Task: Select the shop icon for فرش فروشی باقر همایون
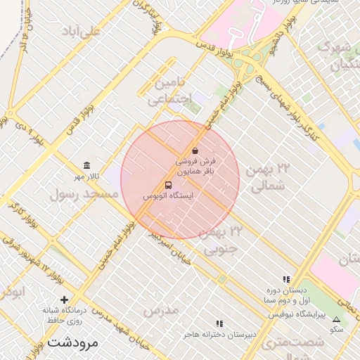195,150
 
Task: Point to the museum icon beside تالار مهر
86,165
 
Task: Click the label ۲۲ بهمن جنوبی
224,239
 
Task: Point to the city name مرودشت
74,342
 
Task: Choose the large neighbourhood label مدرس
161,309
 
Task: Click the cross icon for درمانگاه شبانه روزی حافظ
65,300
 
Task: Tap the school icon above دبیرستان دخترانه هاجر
219,323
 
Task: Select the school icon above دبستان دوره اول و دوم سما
286,279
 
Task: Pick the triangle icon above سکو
335,319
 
